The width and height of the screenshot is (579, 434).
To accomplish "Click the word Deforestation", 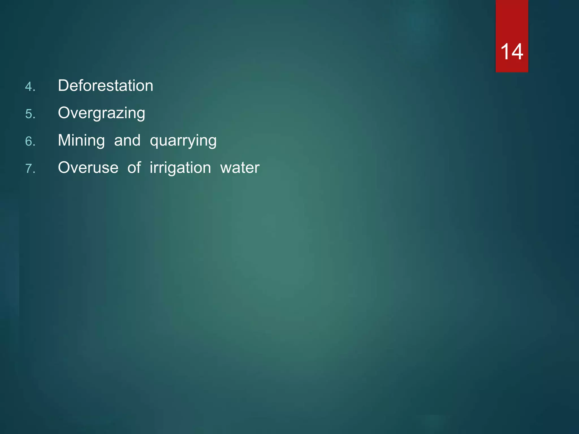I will pos(105,85).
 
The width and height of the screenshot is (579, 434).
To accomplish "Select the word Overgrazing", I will pos(101,113).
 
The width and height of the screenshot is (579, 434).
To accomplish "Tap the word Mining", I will pos(81,140).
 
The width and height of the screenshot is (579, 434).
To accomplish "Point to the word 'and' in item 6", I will pos(127,140).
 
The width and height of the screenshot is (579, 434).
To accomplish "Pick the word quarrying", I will pos(183,141).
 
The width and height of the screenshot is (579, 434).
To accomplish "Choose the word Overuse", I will pos(88,168).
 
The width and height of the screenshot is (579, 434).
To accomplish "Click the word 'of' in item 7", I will pos(134,168).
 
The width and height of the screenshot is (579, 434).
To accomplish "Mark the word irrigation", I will pos(180,168).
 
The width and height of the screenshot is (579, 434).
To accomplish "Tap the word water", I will pos(240,168).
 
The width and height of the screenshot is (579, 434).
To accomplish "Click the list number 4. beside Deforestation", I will pos(30,87).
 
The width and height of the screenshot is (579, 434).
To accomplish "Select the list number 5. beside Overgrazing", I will pos(30,114).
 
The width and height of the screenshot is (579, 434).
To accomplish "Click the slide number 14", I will pos(512,52).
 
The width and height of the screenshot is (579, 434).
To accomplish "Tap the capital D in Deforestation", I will pos(63,85).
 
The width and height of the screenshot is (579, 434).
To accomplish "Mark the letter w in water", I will pos(226,168).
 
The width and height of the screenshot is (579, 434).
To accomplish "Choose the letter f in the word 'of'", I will pos(138,167).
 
